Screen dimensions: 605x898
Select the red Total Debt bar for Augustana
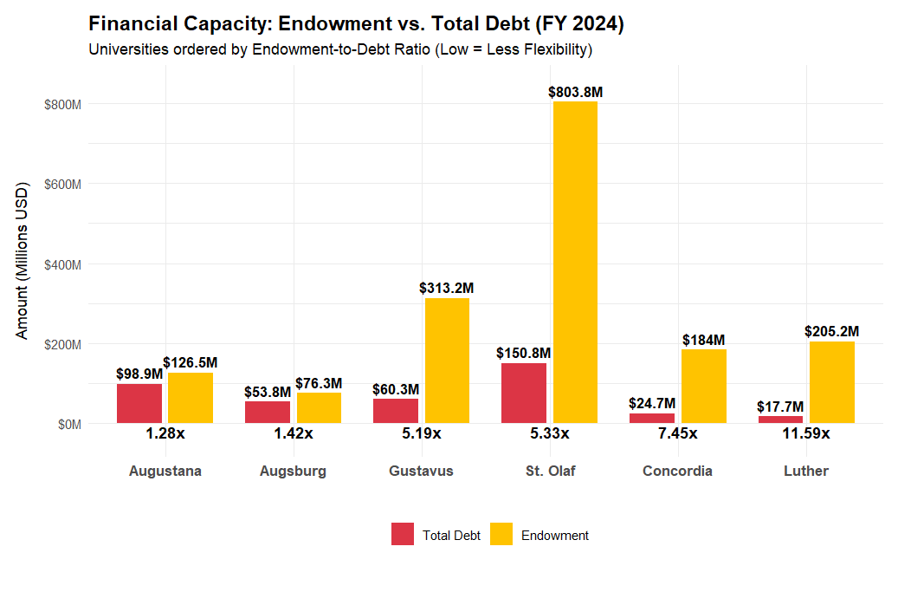tap(139, 403)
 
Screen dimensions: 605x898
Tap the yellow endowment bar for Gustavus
tap(447, 361)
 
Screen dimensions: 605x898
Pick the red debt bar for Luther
tap(780, 420)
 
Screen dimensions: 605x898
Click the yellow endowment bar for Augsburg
tap(319, 408)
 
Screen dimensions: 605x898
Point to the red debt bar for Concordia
tap(652, 418)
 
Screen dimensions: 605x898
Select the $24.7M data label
tap(652, 404)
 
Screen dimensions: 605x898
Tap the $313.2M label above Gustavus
tap(447, 288)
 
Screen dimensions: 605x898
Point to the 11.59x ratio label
tap(805, 433)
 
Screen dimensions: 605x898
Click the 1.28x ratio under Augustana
tap(165, 433)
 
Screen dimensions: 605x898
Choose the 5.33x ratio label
tap(549, 433)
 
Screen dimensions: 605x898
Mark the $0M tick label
tap(68, 424)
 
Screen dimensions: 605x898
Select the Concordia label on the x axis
tap(677, 472)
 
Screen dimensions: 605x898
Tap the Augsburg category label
tap(293, 472)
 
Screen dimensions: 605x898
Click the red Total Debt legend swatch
tap(403, 535)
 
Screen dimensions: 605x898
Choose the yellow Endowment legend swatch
tap(501, 535)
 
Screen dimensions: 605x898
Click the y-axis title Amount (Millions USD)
tap(23, 261)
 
